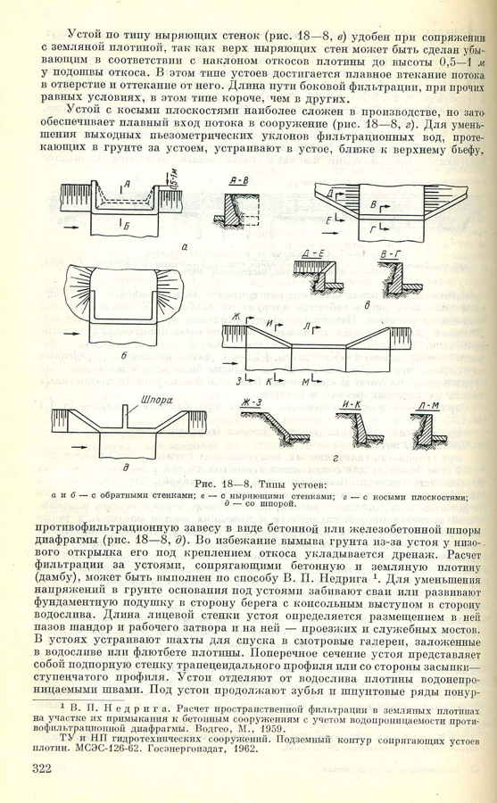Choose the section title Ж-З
[253, 402]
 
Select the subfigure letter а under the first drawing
[184, 247]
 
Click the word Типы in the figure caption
[273, 484]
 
